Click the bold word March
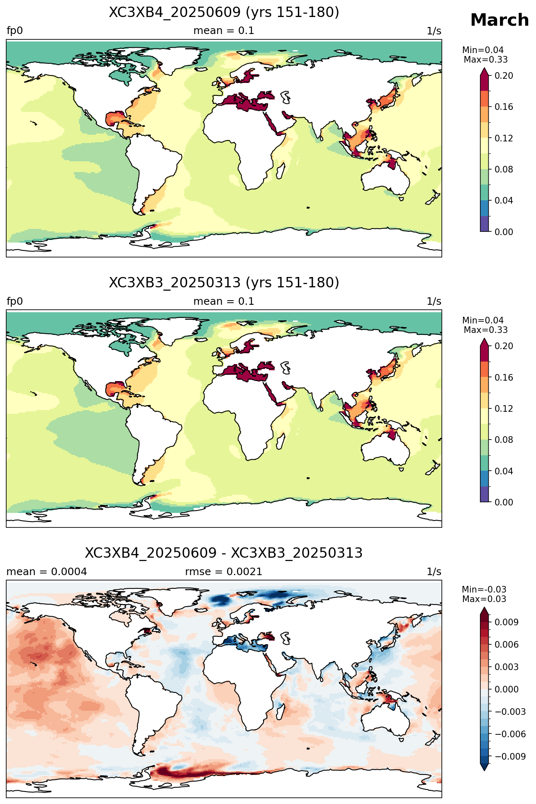(x=499, y=20)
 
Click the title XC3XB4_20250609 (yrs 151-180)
(x=224, y=12)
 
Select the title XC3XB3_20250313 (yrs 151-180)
(x=224, y=283)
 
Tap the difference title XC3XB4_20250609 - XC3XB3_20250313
(x=224, y=553)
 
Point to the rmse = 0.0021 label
(x=224, y=572)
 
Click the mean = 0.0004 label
(x=47, y=572)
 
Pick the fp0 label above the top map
(x=15, y=31)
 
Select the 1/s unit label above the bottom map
(x=434, y=572)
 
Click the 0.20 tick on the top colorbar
(x=504, y=75)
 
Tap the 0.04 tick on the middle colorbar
(x=504, y=471)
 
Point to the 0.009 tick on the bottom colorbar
(x=506, y=622)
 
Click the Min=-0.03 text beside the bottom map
(x=484, y=590)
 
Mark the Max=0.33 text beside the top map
(x=485, y=60)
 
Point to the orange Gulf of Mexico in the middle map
(x=114, y=390)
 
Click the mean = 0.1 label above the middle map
(x=224, y=301)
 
